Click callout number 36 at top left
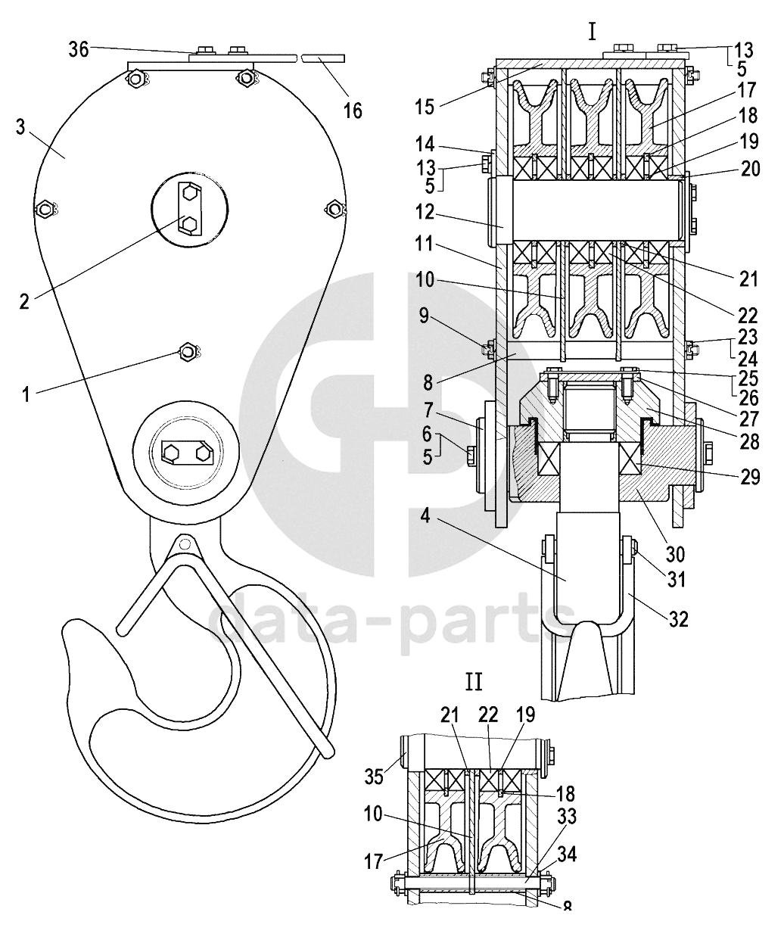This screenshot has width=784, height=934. click(x=79, y=50)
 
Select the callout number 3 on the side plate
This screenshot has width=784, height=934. click(x=20, y=127)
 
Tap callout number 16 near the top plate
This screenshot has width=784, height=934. click(x=353, y=111)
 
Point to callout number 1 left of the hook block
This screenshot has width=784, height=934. click(x=26, y=394)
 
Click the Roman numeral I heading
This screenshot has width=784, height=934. click(x=592, y=33)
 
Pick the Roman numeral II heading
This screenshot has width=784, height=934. click(x=474, y=683)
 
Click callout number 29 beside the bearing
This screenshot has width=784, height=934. click(x=750, y=477)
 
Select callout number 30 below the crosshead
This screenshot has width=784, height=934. click(x=675, y=555)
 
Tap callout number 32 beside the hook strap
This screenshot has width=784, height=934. click(x=678, y=620)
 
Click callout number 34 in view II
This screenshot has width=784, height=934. click(x=567, y=855)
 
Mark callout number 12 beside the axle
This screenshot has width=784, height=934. click(x=425, y=212)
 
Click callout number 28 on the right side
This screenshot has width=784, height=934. click(x=750, y=442)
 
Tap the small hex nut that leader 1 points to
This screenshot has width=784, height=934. click(x=188, y=352)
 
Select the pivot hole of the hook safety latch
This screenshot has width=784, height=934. click(x=183, y=544)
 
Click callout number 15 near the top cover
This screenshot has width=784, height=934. click(x=425, y=107)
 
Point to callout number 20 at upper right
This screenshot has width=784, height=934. click(x=751, y=169)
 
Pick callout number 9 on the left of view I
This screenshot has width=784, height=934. click(x=424, y=316)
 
